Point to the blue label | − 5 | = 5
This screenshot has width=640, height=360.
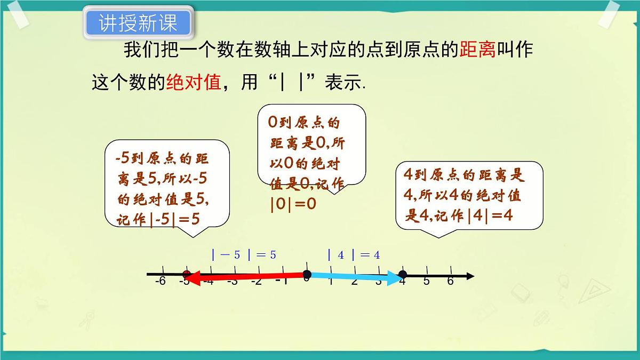(x=244, y=255)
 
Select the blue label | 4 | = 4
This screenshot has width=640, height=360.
(x=354, y=255)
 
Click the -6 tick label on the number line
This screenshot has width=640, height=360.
(x=160, y=281)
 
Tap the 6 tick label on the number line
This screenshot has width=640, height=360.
(x=450, y=281)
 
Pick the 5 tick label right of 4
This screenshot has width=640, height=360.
(x=426, y=281)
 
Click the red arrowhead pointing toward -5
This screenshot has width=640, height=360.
(x=192, y=277)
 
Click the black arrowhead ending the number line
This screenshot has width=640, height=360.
(x=469, y=276)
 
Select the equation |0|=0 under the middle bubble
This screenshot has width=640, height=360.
(x=293, y=204)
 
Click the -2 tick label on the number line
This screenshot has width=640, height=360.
(x=257, y=281)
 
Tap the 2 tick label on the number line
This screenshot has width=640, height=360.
(x=354, y=281)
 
